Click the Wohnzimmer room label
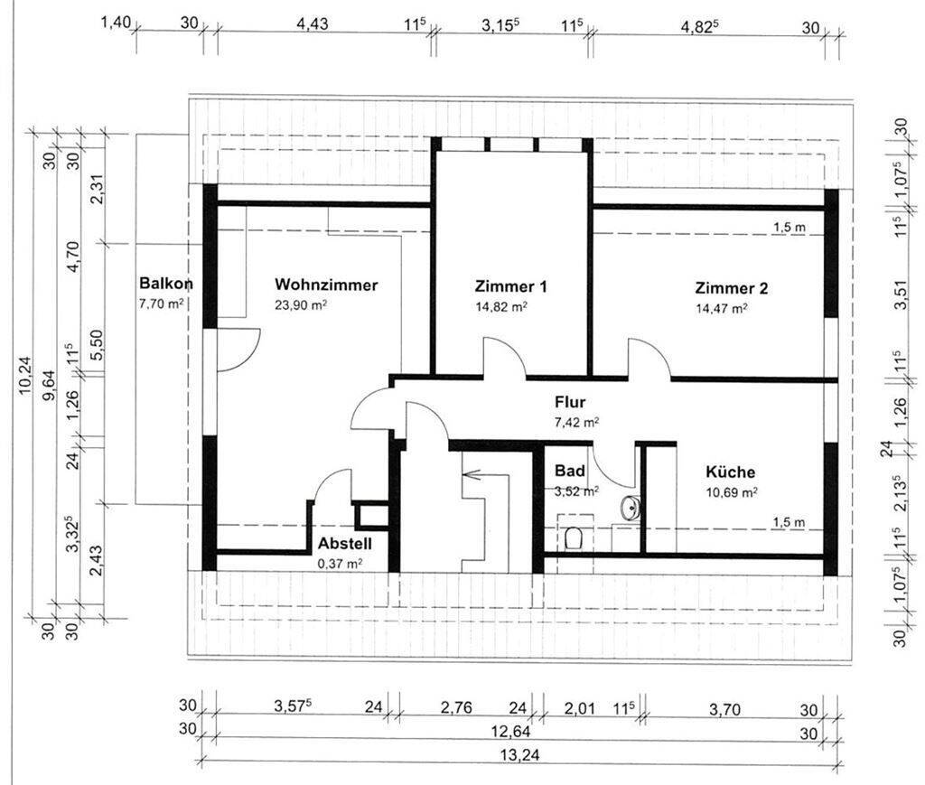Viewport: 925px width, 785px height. pyautogui.click(x=325, y=285)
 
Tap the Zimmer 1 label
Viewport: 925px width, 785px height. pyautogui.click(x=511, y=286)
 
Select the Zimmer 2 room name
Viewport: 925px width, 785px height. pyautogui.click(x=732, y=288)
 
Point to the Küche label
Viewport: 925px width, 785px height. pyautogui.click(x=730, y=472)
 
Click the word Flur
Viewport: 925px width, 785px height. pyautogui.click(x=570, y=402)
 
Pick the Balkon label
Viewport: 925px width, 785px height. pyautogui.click(x=166, y=283)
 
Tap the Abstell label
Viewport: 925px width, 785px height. pyautogui.click(x=345, y=543)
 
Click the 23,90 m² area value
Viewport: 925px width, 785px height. pyautogui.click(x=301, y=305)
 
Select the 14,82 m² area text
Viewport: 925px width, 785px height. pyautogui.click(x=501, y=307)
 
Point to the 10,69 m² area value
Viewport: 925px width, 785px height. pyautogui.click(x=732, y=492)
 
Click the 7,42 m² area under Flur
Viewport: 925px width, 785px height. pyautogui.click(x=577, y=422)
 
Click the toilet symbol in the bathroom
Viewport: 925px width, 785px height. pyautogui.click(x=573, y=537)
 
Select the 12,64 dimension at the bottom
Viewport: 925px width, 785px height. pyautogui.click(x=511, y=732)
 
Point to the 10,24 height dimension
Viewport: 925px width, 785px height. pyautogui.click(x=25, y=376)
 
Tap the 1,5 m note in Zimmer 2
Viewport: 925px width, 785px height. pyautogui.click(x=790, y=227)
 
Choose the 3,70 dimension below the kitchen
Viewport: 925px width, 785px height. pyautogui.click(x=724, y=709)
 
